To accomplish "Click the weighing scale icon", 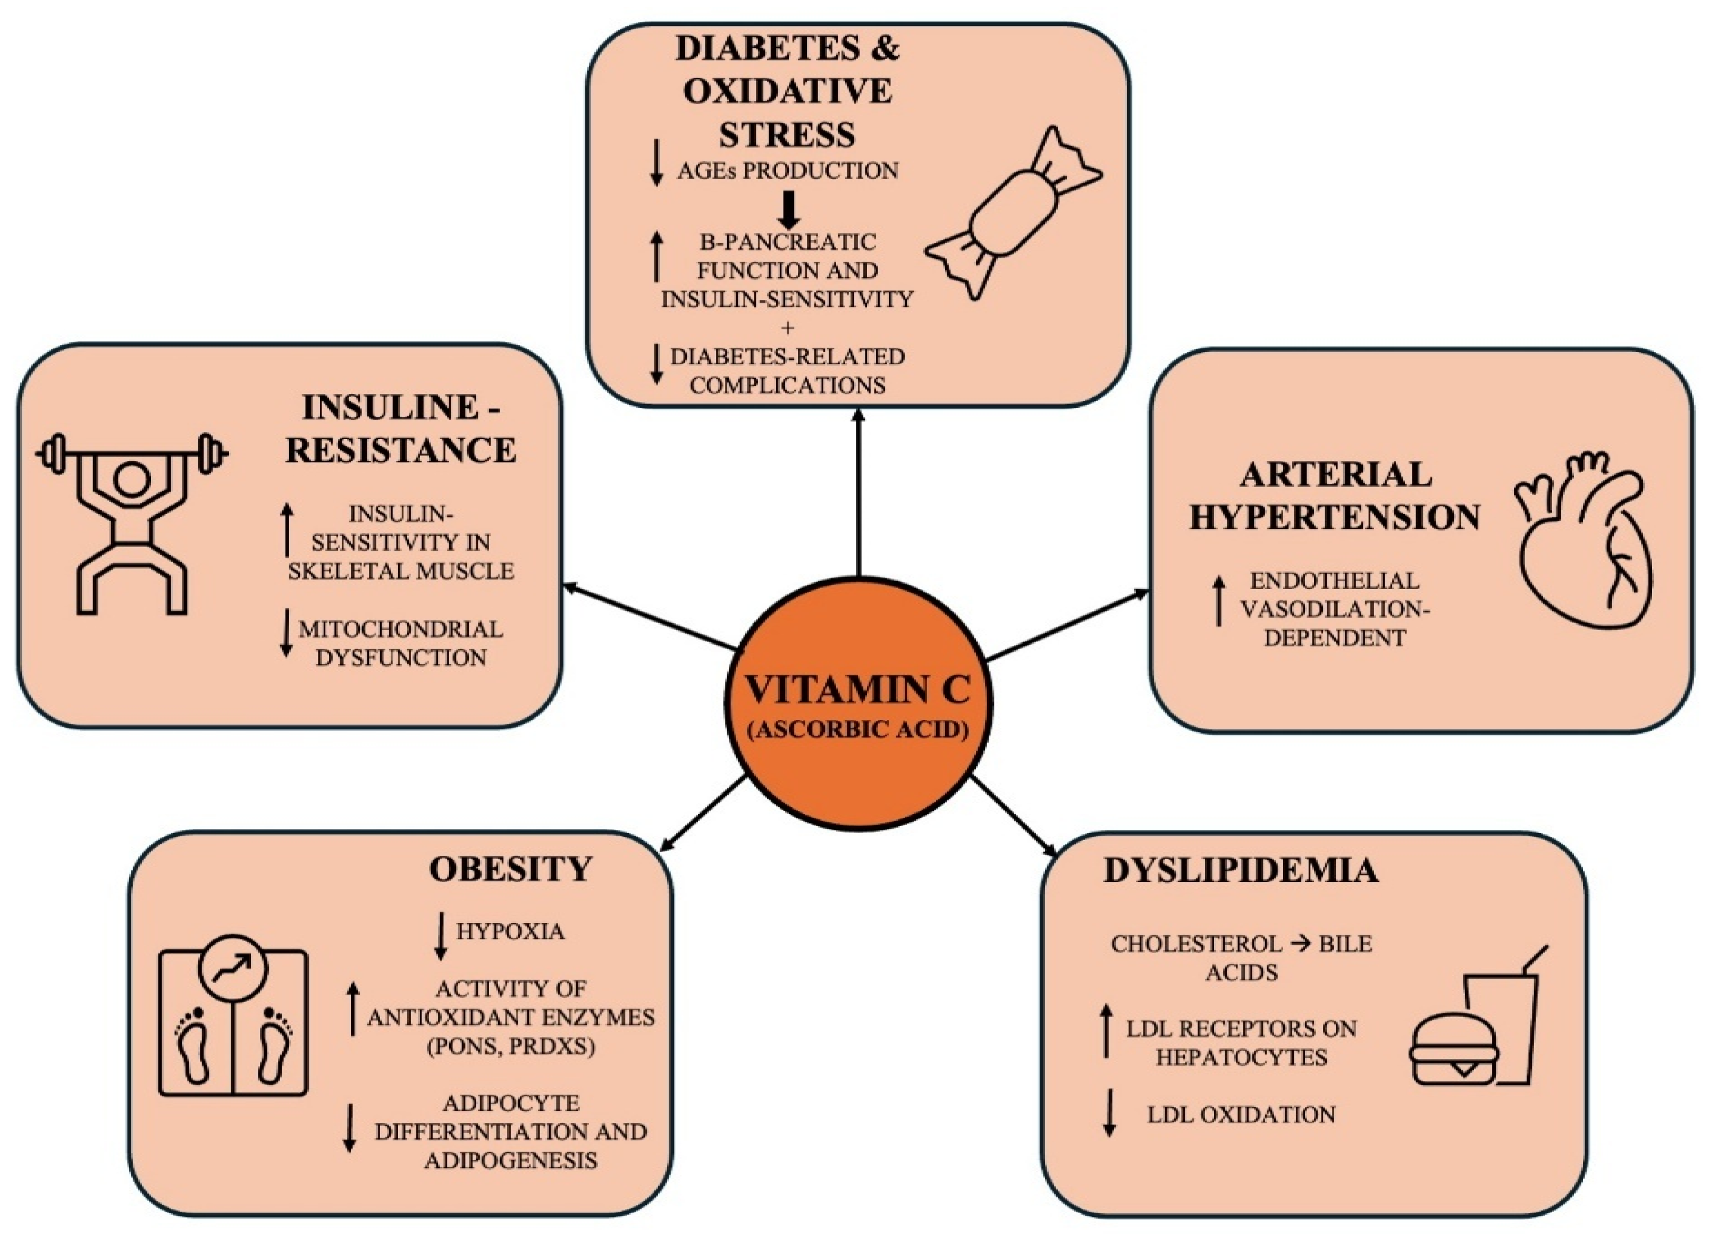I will (x=233, y=1022).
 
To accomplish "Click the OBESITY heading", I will (x=510, y=869).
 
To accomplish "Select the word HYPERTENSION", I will (x=1335, y=516).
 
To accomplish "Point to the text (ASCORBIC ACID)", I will (x=858, y=730).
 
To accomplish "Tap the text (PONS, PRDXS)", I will (x=510, y=1046).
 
